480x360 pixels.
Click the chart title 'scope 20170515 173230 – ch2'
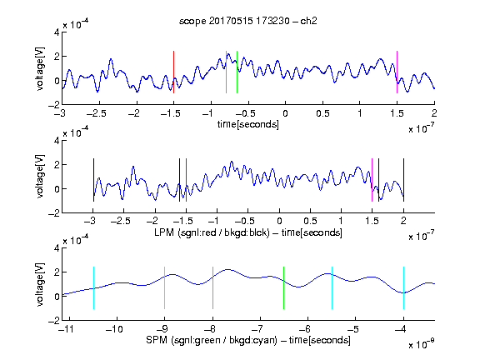[x=248, y=21]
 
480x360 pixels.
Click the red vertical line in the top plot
[x=173, y=72]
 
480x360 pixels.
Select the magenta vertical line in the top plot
[x=397, y=72]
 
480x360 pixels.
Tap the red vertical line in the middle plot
[x=186, y=180]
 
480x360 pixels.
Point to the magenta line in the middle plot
[x=372, y=180]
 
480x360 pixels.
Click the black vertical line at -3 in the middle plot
[x=93, y=180]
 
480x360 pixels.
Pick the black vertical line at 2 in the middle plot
[x=404, y=180]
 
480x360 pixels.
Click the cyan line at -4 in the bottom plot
[x=404, y=288]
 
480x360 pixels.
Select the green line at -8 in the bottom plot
[x=212, y=288]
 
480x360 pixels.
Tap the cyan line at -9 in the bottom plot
[x=164, y=288]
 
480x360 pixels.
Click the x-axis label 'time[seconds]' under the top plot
[x=248, y=124]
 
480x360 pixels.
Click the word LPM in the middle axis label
[x=164, y=232]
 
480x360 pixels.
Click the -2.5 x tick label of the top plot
[x=97, y=113]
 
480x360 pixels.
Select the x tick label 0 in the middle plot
[x=279, y=221]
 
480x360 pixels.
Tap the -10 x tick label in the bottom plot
[x=114, y=329]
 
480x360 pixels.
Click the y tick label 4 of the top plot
[x=57, y=32]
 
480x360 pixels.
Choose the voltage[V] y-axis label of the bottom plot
[x=40, y=284]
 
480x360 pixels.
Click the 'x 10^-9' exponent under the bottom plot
[x=422, y=344]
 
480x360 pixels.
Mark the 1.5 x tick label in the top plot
[x=397, y=113]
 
